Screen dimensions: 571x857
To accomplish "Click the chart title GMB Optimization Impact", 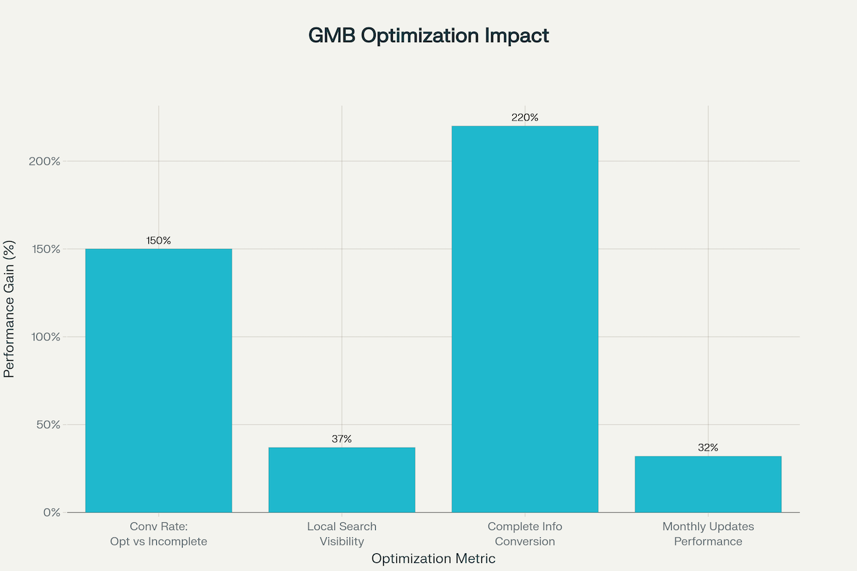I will tap(428, 36).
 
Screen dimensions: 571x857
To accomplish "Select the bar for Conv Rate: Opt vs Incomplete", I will tap(159, 380).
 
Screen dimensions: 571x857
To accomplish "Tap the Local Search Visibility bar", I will tap(341, 479).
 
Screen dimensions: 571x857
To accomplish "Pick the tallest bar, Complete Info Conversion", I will tap(525, 319).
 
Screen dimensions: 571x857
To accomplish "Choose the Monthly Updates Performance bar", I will tap(708, 484).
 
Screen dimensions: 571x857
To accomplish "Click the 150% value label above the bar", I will tap(159, 240).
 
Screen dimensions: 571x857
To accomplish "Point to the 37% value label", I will tap(341, 439).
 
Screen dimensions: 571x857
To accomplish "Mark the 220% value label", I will tap(525, 118).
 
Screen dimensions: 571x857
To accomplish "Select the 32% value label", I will tap(708, 448).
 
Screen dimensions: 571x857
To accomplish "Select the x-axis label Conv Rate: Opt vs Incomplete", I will tap(159, 534).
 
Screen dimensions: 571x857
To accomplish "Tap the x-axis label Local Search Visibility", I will tap(341, 534).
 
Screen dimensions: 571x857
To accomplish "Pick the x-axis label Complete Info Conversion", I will tap(525, 534).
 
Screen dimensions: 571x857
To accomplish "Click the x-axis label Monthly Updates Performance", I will tap(708, 534).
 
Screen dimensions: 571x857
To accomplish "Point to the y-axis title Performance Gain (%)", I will tap(9, 308).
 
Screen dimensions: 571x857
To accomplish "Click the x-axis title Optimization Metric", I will tap(433, 558).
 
